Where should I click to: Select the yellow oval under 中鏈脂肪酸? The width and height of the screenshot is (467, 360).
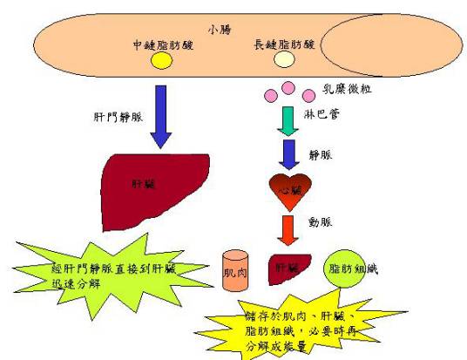point(161,61)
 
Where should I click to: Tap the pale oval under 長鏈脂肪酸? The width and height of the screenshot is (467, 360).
point(285,59)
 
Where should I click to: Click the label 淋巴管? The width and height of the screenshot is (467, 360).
point(327,112)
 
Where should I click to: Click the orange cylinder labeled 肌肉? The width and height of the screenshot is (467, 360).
point(235,272)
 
